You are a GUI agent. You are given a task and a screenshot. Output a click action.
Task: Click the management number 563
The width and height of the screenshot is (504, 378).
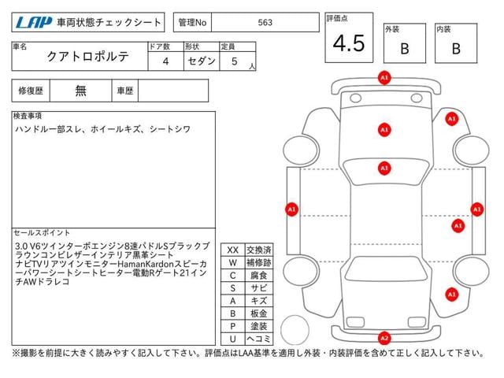[265, 23]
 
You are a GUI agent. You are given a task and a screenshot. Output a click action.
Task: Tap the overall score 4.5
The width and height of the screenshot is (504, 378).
[348, 44]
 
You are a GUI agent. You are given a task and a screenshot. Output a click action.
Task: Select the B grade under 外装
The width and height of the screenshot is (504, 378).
[404, 49]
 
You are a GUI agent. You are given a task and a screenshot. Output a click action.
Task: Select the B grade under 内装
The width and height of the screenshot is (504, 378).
[455, 49]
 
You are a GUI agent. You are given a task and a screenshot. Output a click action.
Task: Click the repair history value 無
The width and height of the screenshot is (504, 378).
[81, 91]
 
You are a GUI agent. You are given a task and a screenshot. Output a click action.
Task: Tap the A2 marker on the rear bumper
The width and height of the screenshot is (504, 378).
[384, 338]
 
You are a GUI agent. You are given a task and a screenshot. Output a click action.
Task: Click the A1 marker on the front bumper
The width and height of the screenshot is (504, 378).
[384, 79]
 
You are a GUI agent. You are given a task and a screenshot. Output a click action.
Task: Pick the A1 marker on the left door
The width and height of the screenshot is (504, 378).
[291, 209]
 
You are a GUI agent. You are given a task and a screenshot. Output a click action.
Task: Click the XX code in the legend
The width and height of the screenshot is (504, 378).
[232, 250]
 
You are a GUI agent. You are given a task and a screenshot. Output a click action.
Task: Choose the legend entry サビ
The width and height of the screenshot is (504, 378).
[258, 287]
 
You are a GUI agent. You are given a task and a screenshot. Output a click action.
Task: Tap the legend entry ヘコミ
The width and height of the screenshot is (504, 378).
[258, 338]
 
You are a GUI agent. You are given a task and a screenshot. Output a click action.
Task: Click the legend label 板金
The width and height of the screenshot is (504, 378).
[258, 313]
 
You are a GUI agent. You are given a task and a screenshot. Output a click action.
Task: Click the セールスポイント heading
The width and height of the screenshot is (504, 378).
[42, 233]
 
